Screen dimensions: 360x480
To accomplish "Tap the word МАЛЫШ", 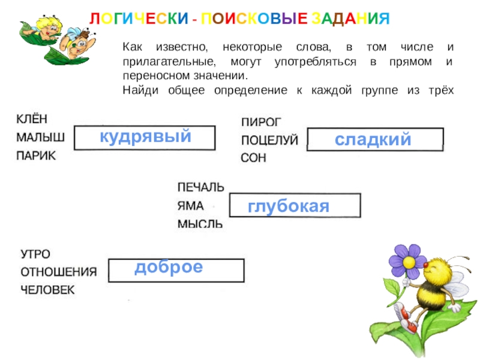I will [x=41, y=137].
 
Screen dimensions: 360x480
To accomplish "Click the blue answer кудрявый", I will [x=145, y=136].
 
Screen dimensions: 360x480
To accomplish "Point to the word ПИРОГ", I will [x=261, y=122].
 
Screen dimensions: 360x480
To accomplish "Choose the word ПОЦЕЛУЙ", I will [x=269, y=140].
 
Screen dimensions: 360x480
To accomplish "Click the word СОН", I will [x=253, y=158].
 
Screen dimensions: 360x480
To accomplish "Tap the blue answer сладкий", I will [x=373, y=139].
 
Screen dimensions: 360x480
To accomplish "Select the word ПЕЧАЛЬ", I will [x=201, y=187].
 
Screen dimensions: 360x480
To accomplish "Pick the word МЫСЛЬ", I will [x=200, y=224].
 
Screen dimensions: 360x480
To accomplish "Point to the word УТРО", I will [x=36, y=253].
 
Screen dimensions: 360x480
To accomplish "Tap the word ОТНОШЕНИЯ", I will [x=59, y=271].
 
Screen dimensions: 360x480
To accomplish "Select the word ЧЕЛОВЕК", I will [x=48, y=290].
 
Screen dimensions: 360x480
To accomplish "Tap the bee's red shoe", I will [x=411, y=325].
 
